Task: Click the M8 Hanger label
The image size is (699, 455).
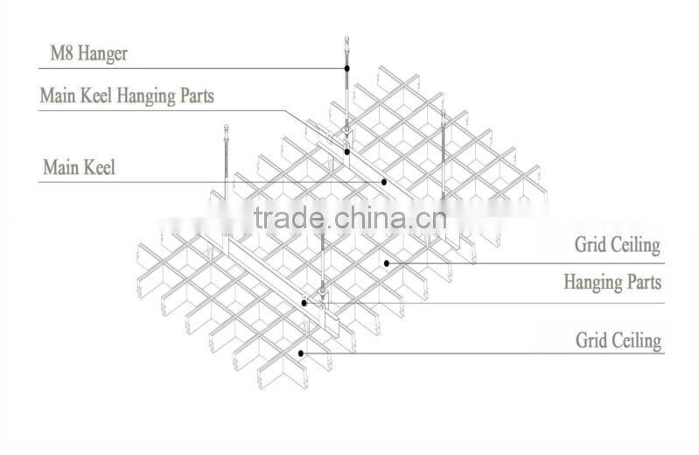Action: coord(87,53)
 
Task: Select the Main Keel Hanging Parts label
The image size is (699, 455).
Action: coord(127,94)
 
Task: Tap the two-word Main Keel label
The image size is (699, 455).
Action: coord(79,166)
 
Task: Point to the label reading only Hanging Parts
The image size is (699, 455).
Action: coord(612,282)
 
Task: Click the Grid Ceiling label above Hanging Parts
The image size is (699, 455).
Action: coord(617,244)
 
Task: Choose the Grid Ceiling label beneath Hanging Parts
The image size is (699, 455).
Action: coord(617,339)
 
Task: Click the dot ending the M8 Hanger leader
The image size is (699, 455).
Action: coord(347,67)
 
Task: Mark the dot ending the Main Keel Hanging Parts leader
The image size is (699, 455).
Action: coord(347,151)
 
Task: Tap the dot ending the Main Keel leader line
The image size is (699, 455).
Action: coord(384,182)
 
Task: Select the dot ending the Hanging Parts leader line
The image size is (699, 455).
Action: coord(304,303)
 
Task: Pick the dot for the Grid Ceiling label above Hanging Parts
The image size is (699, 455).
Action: coord(386,262)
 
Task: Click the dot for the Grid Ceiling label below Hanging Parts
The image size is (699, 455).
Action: coord(301,353)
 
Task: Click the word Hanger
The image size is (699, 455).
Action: coord(102,54)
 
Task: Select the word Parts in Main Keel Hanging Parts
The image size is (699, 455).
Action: coord(192,94)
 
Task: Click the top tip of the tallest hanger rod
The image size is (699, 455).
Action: coord(347,38)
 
